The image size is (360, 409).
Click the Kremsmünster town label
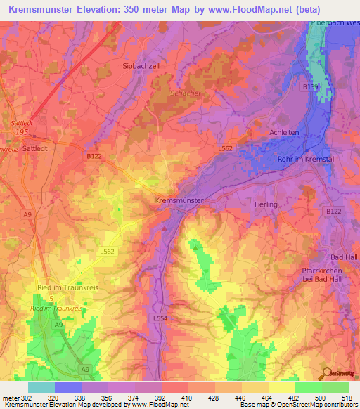(x=179, y=200)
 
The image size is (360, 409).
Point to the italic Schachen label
(x=185, y=93)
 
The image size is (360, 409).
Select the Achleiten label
(x=285, y=132)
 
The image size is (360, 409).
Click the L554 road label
(x=160, y=318)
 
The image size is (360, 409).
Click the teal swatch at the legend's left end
(x=41, y=387)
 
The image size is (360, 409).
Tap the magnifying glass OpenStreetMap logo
(x=326, y=374)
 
